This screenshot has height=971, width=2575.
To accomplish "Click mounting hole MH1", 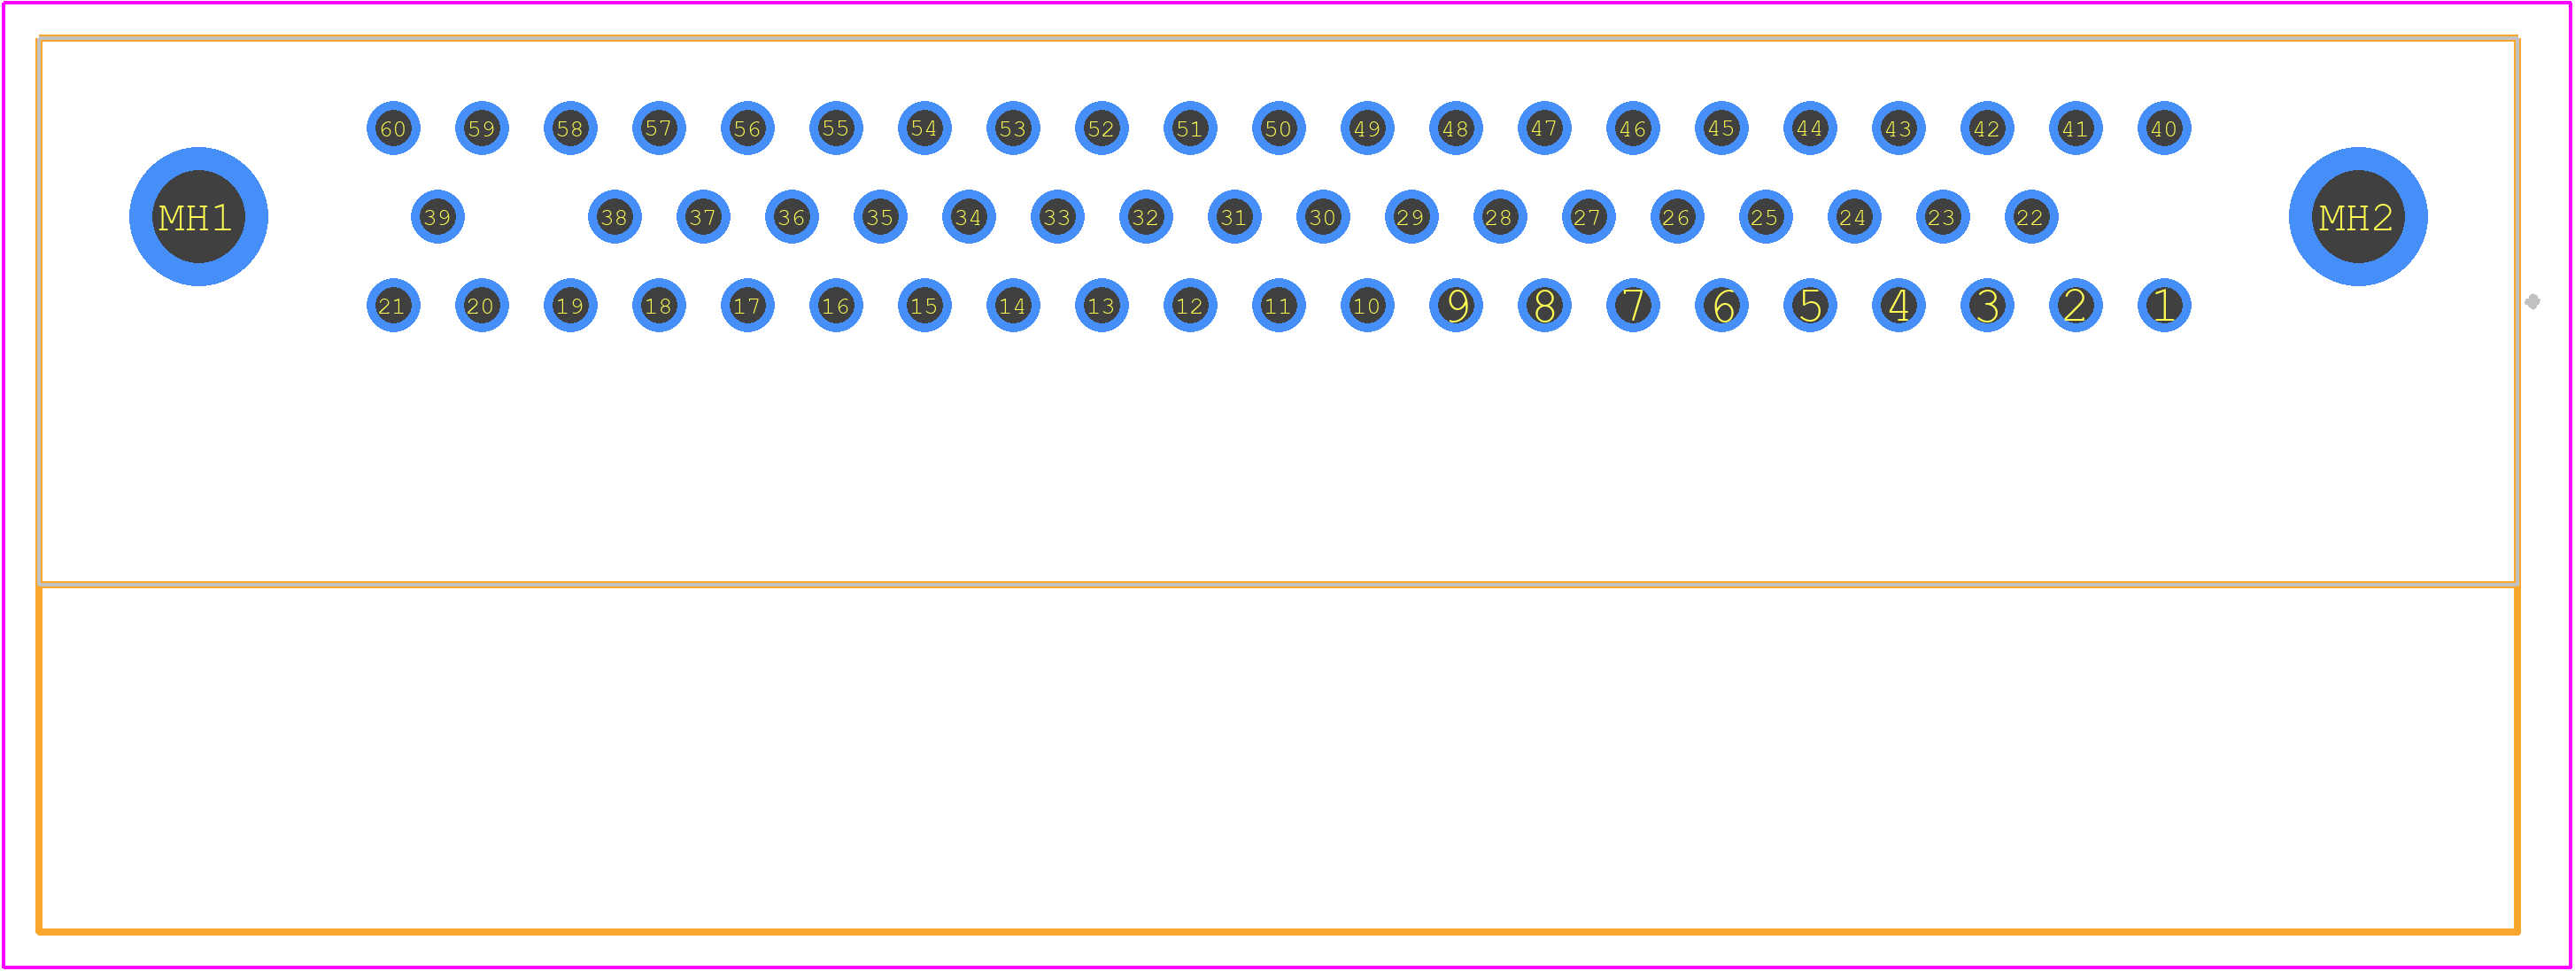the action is tap(199, 217).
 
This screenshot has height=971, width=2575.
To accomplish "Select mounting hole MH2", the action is tap(2358, 217).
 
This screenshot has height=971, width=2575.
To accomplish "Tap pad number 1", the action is tap(2164, 306).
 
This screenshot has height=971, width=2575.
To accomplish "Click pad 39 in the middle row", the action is tap(437, 217).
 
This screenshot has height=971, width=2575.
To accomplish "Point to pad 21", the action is tap(394, 306).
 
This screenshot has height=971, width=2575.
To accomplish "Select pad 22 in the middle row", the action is tap(2031, 217).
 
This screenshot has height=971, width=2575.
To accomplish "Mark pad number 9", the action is tap(1457, 306).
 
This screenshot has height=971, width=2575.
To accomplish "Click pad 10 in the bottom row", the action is tap(1367, 306).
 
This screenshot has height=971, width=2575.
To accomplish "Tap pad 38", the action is tap(615, 217).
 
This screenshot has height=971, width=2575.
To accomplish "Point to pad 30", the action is tap(1324, 217).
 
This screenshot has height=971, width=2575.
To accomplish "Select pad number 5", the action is tap(1810, 306).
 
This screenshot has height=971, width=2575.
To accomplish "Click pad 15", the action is tap(924, 306).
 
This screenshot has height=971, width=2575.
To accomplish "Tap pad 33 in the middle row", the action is tap(1057, 217).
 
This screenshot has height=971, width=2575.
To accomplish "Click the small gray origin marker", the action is tap(2532, 302).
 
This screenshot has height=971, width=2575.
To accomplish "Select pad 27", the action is tap(1589, 217).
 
